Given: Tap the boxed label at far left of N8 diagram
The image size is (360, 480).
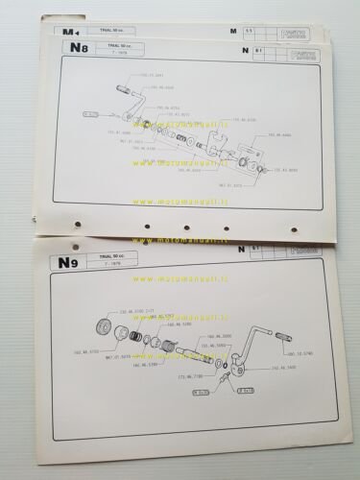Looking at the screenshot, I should click(x=91, y=113).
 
